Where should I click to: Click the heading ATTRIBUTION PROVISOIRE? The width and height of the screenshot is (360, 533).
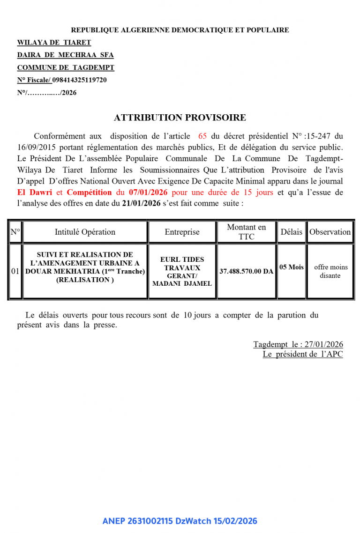coord(180,118)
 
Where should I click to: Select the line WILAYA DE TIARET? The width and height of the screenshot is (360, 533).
coord(54,43)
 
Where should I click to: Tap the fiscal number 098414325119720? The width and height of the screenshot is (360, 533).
coord(79,80)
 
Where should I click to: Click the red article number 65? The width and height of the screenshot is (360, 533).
coord(202,136)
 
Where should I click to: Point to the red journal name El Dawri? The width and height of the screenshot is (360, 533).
coord(35,192)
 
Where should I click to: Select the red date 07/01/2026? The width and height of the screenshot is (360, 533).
coord(148,192)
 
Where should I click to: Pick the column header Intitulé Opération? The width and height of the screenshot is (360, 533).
coord(85,232)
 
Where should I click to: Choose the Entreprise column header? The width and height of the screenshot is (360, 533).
coord(182,232)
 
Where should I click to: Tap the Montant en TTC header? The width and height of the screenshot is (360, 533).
coord(246,232)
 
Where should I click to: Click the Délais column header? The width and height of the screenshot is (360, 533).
coord(291,232)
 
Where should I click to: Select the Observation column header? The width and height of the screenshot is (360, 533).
coord(330,232)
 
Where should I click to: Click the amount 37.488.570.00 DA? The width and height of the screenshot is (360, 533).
coord(246,271)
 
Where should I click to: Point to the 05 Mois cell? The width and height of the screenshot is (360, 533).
coord(291,267)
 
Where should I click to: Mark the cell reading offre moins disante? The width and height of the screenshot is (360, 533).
coord(330,271)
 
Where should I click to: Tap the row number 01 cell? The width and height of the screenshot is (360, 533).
coord(15,271)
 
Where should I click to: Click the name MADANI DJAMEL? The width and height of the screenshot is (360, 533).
coord(182,283)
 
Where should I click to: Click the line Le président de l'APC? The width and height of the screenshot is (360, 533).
coord(302,354)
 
